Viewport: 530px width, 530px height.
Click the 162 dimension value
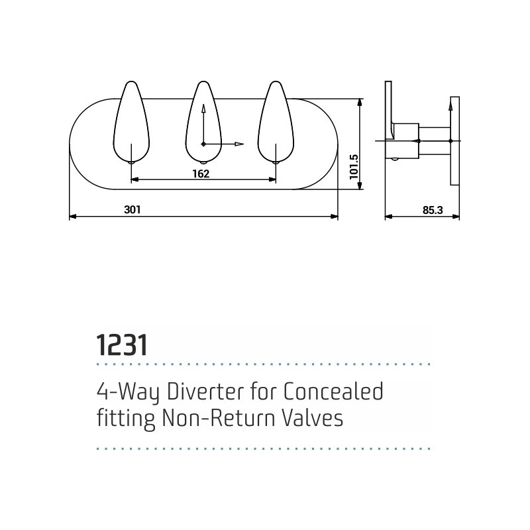click(201, 174)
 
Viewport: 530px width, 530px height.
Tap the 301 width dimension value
click(132, 209)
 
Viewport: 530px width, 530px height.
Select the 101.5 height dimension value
click(354, 167)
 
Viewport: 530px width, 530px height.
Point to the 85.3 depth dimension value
click(433, 210)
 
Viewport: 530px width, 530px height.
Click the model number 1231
click(122, 345)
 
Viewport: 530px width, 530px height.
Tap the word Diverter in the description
click(205, 392)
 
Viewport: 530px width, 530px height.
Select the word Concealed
click(333, 392)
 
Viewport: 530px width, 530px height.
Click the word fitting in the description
click(126, 419)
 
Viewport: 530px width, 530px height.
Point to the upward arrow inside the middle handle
click(203, 124)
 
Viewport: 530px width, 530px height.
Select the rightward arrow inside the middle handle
click(223, 144)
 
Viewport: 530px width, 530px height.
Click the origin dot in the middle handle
click(203, 144)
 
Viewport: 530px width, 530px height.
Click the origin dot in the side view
click(450, 140)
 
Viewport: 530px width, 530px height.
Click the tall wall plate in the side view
click(455, 141)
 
